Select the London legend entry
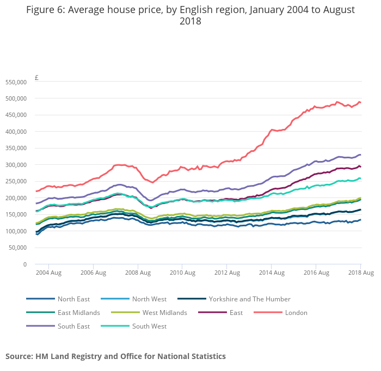pyautogui.click(x=296, y=312)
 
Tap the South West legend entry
pyautogui.click(x=149, y=326)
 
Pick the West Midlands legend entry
pyautogui.click(x=164, y=312)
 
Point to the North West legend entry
pyautogui.click(x=149, y=299)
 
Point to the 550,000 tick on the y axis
pyautogui.click(x=16, y=82)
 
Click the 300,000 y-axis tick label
pyautogui.click(x=16, y=165)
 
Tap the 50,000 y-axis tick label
pyautogui.click(x=18, y=248)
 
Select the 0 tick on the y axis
pyautogui.click(x=24, y=264)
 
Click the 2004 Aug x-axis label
pyautogui.click(x=48, y=273)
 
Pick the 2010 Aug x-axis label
pyautogui.click(x=182, y=273)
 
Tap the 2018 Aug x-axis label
pyautogui.click(x=360, y=273)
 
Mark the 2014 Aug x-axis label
pyautogui.click(x=271, y=273)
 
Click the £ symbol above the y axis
pyautogui.click(x=36, y=78)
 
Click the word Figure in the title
pyautogui.click(x=43, y=10)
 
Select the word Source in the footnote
pyautogui.click(x=19, y=356)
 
